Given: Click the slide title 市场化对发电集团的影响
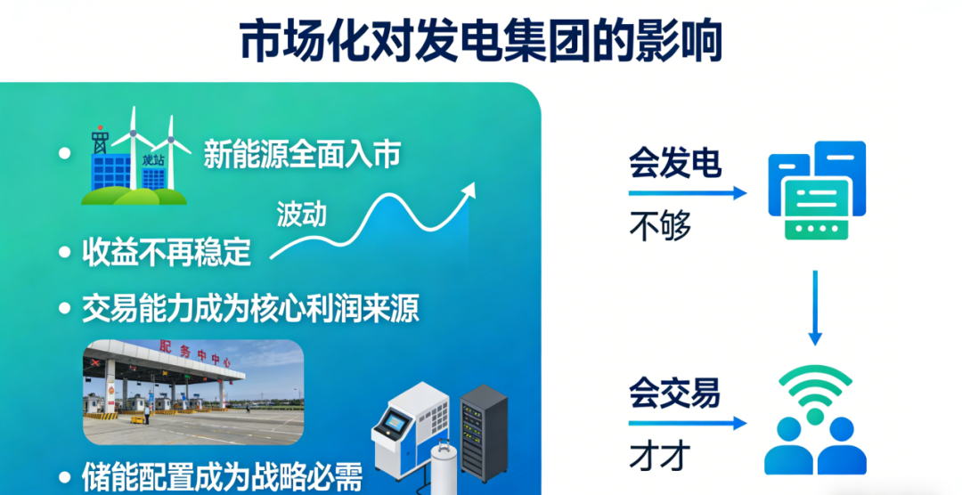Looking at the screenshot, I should click(x=480, y=42).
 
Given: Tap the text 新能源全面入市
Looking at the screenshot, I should click(x=301, y=155).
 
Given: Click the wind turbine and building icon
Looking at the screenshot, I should click(x=135, y=159).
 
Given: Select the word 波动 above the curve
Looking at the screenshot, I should click(x=301, y=214).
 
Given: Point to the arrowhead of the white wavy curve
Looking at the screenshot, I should click(x=469, y=190).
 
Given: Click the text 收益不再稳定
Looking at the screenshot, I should click(x=167, y=253).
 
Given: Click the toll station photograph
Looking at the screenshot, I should click(x=193, y=392).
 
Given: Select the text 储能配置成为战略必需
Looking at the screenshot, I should click(x=222, y=476).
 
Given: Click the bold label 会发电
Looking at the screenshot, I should click(x=674, y=164).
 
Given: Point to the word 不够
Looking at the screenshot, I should click(x=660, y=227).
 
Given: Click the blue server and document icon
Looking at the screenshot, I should click(x=816, y=191).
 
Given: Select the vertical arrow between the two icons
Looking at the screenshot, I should click(x=814, y=307).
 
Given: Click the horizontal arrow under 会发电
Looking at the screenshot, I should click(x=687, y=192).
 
